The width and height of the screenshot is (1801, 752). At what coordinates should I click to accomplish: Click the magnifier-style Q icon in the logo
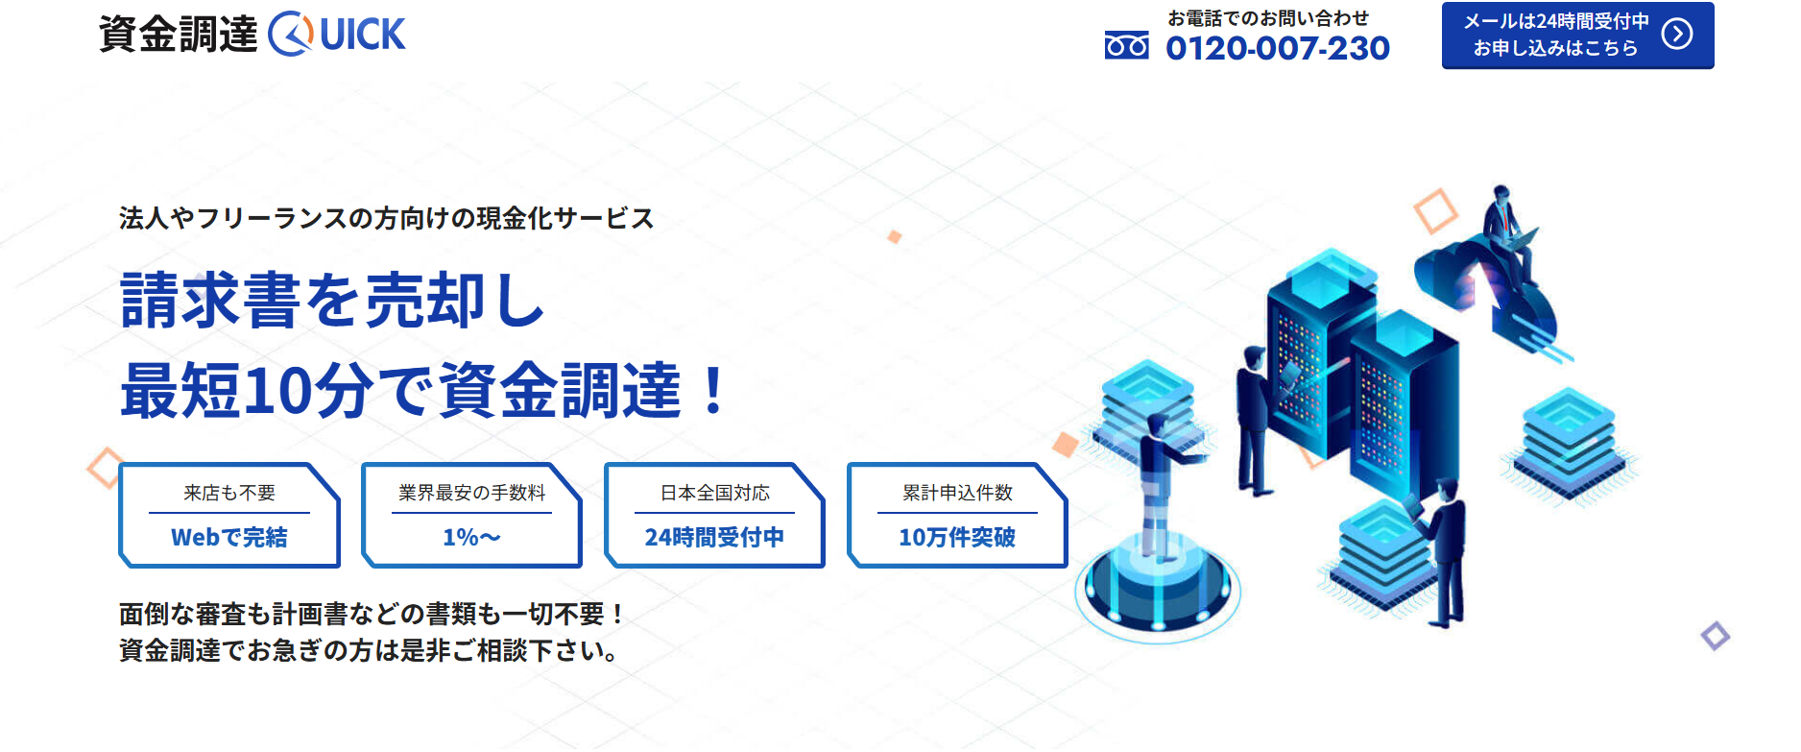[x=291, y=35]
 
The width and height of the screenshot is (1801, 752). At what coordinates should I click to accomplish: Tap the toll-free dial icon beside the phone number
[x=1126, y=45]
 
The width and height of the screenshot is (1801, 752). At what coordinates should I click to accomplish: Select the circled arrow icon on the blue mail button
[x=1677, y=35]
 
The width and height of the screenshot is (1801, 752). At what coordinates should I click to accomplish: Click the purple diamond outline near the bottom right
[x=1716, y=636]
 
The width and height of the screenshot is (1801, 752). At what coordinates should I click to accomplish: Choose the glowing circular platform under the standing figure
[x=1157, y=589]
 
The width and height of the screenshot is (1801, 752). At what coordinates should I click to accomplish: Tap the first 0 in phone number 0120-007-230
[x=1179, y=48]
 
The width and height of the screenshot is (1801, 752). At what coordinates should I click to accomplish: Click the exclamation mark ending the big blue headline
[x=713, y=390]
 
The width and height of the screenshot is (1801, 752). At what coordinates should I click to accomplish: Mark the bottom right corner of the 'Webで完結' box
[x=340, y=567]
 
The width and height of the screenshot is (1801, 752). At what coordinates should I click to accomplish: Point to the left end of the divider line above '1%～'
[x=392, y=513]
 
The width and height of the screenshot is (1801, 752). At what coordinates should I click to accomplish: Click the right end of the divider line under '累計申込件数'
[x=1037, y=513]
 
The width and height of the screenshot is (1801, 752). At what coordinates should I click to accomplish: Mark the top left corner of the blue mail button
[x=1442, y=3]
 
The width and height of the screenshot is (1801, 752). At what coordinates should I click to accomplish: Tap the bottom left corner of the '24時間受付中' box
[x=606, y=567]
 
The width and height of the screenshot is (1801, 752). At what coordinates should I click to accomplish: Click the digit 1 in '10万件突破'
[x=904, y=538]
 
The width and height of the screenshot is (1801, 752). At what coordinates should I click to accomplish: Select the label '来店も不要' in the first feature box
[x=229, y=493]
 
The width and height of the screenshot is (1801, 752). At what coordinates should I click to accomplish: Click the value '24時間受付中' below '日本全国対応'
[x=714, y=538]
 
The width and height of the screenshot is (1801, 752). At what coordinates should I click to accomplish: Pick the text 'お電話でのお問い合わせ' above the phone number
[x=1268, y=18]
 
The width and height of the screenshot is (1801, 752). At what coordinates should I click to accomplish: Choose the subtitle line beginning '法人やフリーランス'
[x=387, y=219]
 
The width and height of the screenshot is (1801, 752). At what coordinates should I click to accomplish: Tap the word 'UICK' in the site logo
[x=363, y=36]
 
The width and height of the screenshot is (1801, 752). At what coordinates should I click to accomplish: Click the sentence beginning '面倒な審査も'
[x=372, y=614]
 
